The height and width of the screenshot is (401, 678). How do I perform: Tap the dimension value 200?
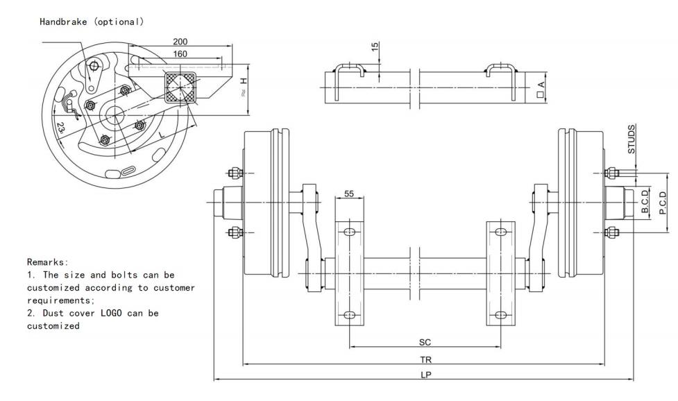180,42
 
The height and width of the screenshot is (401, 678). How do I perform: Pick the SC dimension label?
425,342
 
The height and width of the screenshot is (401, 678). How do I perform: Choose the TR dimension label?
434,359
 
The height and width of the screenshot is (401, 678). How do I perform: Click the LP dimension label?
434,375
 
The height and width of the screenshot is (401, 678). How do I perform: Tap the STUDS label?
632,138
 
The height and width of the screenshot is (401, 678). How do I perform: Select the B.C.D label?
645,201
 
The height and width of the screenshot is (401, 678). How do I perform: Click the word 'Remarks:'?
48,263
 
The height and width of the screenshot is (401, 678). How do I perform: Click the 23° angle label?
62,128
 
